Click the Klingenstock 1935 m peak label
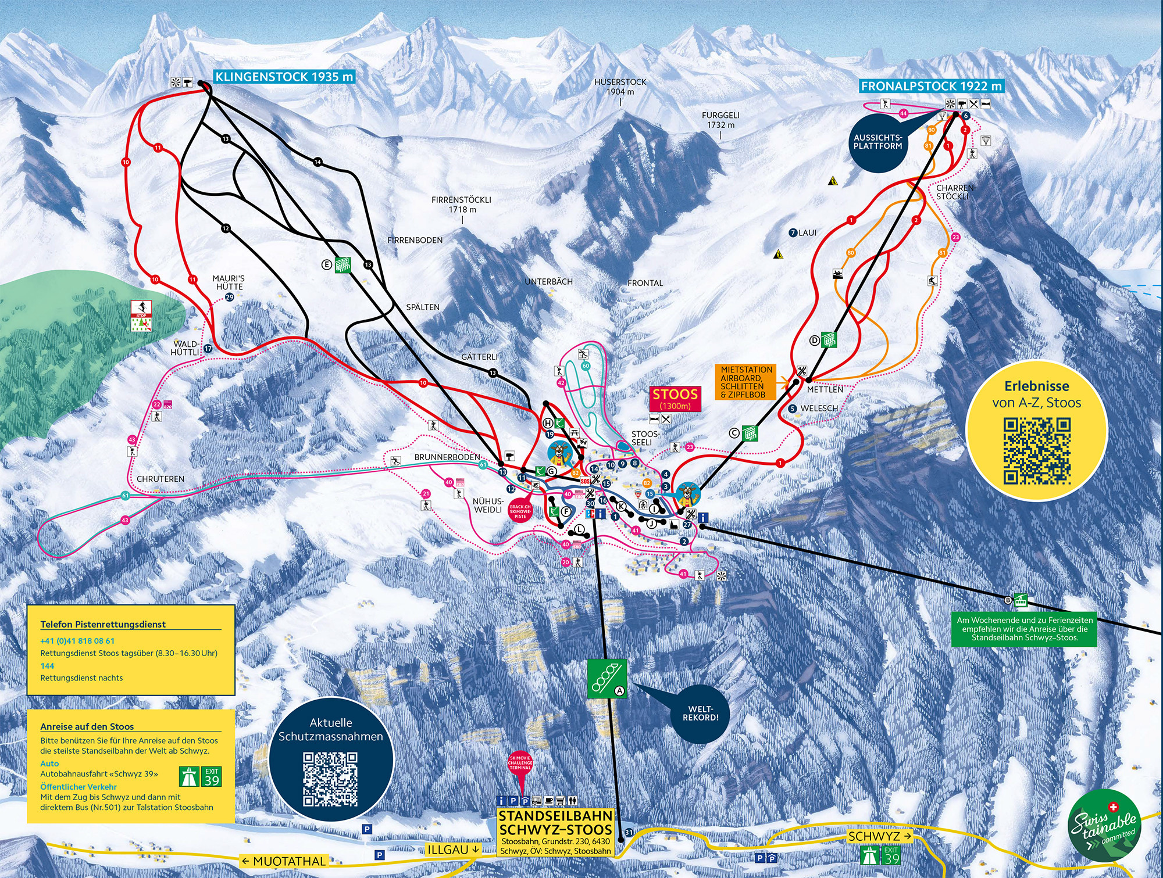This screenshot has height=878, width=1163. point(284,77)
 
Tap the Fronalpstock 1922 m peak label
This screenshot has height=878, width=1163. point(932,86)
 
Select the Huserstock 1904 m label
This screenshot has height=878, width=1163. point(620,87)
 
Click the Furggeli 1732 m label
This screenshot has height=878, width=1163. point(720,120)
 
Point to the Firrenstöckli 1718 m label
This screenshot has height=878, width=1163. point(461,204)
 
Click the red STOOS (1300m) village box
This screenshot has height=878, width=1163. point(675,399)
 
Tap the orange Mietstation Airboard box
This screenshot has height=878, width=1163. point(747,382)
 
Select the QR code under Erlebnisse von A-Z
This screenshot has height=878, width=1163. point(1037,450)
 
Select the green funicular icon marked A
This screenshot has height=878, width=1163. point(607,678)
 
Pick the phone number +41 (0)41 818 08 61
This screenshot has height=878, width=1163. point(77,641)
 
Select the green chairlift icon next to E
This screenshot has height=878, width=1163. point(343,265)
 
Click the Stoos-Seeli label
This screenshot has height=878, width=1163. point(645,438)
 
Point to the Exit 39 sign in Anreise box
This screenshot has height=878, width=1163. point(212,776)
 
